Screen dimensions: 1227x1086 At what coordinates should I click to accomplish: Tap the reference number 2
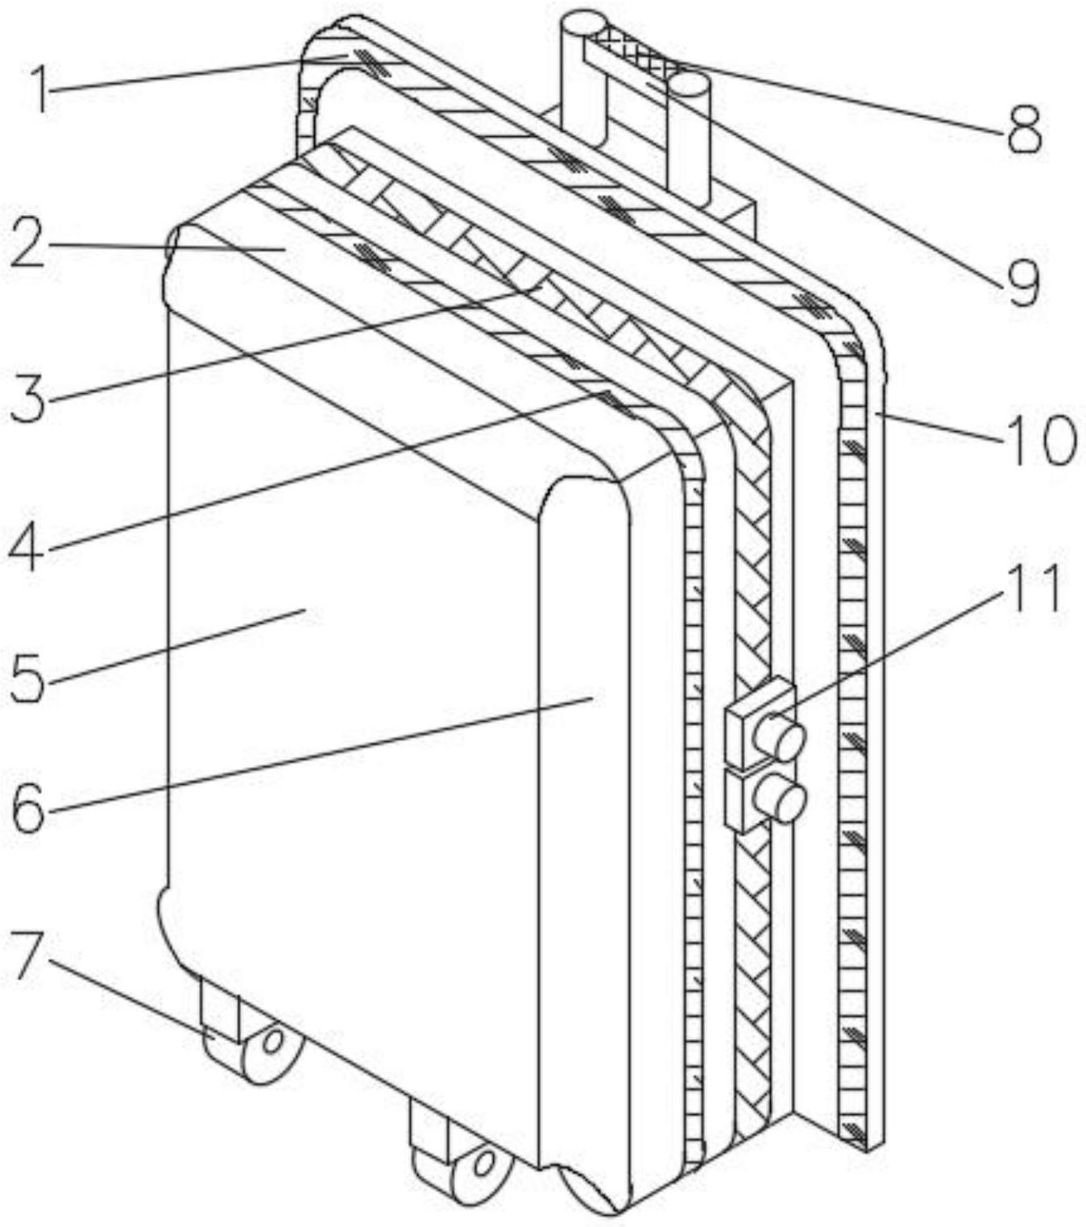(x=29, y=246)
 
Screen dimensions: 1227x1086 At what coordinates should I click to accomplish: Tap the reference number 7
(x=27, y=959)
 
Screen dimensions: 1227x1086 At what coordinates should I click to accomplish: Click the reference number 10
(x=1038, y=440)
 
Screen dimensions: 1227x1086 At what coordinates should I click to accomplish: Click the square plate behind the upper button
(x=741, y=721)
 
